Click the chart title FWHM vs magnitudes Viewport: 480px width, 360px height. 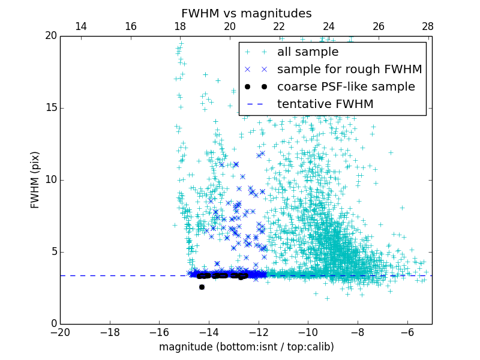[x=246, y=13]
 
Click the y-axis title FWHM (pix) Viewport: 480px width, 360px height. [x=35, y=180]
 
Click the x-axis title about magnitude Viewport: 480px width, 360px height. [x=246, y=347]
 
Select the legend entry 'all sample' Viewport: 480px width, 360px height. [x=308, y=52]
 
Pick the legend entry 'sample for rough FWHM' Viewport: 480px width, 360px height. [x=349, y=70]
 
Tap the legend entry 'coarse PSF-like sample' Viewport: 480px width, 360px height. [x=346, y=87]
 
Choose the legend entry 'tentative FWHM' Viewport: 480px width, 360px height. [x=325, y=104]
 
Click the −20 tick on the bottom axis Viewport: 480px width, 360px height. [x=60, y=331]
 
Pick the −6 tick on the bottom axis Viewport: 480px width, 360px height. [x=407, y=331]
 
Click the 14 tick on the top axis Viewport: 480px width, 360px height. [x=81, y=26]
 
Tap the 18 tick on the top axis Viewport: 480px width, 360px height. [x=180, y=26]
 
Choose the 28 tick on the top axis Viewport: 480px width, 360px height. [x=428, y=26]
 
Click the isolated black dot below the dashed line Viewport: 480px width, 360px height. [x=202, y=287]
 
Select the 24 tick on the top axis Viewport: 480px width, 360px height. [x=329, y=26]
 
